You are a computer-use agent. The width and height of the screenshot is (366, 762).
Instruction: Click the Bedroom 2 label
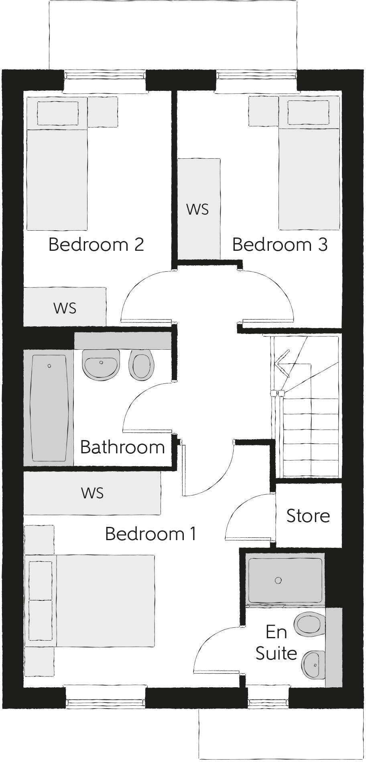pyautogui.click(x=96, y=244)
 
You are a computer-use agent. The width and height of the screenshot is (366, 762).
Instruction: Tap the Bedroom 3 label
pyautogui.click(x=280, y=244)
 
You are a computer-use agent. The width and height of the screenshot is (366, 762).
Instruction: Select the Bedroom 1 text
pyautogui.click(x=150, y=534)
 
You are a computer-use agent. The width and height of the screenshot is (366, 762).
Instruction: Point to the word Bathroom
pyautogui.click(x=122, y=447)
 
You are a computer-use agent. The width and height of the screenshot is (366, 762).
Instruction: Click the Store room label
pyautogui.click(x=308, y=516)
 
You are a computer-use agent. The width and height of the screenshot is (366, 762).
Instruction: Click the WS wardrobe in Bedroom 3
pyautogui.click(x=199, y=209)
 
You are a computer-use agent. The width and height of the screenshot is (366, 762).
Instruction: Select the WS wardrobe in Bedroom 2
pyautogui.click(x=65, y=307)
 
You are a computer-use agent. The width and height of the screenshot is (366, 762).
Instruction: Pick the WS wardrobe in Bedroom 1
pyautogui.click(x=92, y=493)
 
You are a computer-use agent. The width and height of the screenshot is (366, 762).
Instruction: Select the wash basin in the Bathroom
pyautogui.click(x=101, y=364)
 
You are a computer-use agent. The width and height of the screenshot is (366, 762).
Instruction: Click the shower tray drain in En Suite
pyautogui.click(x=278, y=580)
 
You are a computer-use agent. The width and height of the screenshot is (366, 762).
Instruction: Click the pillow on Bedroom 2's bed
pyautogui.click(x=57, y=113)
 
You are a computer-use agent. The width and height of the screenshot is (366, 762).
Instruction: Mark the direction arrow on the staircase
pyautogui.click(x=282, y=363)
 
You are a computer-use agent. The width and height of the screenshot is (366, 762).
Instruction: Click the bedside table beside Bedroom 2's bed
pyautogui.click(x=103, y=112)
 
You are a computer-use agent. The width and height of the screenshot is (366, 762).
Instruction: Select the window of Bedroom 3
pyautogui.click(x=256, y=76)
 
